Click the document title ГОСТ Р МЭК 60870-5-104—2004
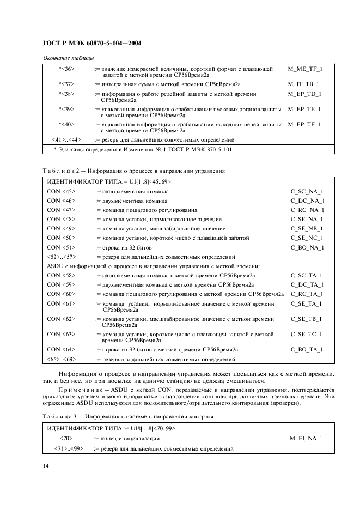point(91,42)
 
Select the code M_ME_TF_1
point(305,69)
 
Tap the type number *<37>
point(66,84)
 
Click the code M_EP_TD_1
point(305,94)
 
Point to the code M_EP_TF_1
point(305,124)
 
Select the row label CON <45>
point(61,192)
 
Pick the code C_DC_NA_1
point(307,201)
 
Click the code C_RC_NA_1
point(307,210)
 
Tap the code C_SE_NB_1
point(307,229)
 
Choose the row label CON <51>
point(61,247)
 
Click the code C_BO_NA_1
point(307,247)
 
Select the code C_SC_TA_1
point(307,276)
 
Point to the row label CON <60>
point(61,294)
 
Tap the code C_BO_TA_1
point(307,350)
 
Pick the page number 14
point(46,466)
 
